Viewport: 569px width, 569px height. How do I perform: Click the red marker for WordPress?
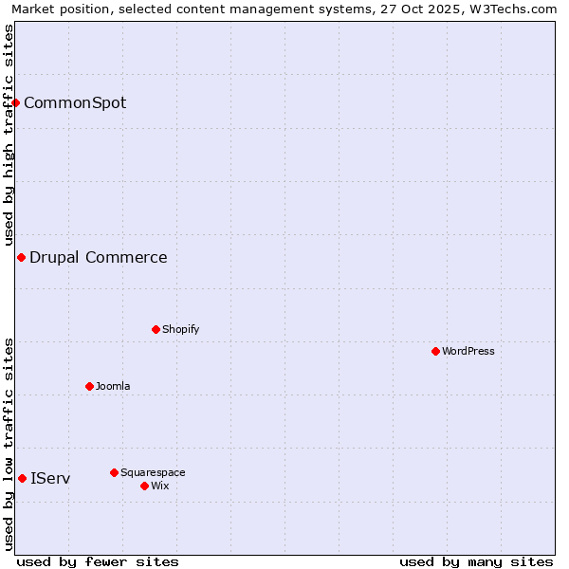[x=435, y=351]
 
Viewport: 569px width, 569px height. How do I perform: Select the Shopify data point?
[x=156, y=329]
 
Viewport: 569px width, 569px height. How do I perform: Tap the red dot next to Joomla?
[x=89, y=386]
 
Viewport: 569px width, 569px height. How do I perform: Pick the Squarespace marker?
[x=114, y=472]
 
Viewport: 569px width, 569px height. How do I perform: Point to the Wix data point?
[x=144, y=486]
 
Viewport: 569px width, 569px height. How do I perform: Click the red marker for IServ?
[x=22, y=478]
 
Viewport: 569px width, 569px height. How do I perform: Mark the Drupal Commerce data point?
[x=21, y=257]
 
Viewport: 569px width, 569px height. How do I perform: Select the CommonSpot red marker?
[x=16, y=102]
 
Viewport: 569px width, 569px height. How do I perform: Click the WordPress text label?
[x=468, y=351]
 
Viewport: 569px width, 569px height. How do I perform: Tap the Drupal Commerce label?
[x=99, y=257]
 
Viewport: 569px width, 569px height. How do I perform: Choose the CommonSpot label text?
[x=75, y=102]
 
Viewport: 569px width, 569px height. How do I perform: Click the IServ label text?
[x=50, y=478]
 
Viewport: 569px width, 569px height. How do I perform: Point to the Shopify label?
[x=180, y=329]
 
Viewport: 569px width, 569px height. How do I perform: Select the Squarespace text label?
[x=153, y=472]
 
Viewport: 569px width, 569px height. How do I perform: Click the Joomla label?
[x=113, y=386]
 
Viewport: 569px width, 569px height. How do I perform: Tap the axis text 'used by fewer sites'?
[x=98, y=561]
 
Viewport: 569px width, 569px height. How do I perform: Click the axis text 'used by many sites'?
[x=476, y=561]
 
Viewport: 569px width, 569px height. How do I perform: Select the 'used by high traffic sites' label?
[x=9, y=135]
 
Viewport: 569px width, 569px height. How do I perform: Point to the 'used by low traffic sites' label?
[x=9, y=444]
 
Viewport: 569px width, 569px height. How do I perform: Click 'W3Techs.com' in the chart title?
[x=513, y=9]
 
